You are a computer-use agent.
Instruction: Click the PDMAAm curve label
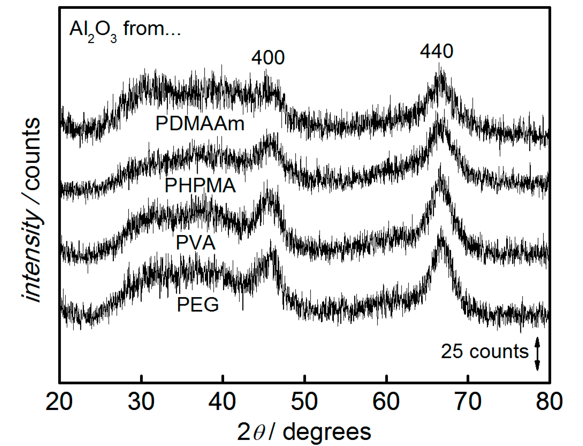pyautogui.click(x=200, y=123)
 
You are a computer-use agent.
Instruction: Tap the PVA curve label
pyautogui.click(x=196, y=243)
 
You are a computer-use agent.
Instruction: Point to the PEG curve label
pyautogui.click(x=198, y=305)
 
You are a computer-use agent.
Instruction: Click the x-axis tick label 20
pyautogui.click(x=59, y=402)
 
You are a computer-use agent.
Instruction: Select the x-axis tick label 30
pyautogui.click(x=141, y=402)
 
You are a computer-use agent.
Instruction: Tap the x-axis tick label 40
pyautogui.click(x=222, y=402)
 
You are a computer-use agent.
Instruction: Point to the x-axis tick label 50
pyautogui.click(x=304, y=402)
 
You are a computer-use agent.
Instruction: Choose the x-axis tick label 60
pyautogui.click(x=386, y=402)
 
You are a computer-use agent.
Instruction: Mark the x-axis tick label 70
pyautogui.click(x=468, y=402)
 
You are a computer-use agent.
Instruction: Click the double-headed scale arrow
pyautogui.click(x=537, y=353)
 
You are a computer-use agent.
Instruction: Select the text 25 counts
pyautogui.click(x=485, y=351)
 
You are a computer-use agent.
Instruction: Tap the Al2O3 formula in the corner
pyautogui.click(x=93, y=30)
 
